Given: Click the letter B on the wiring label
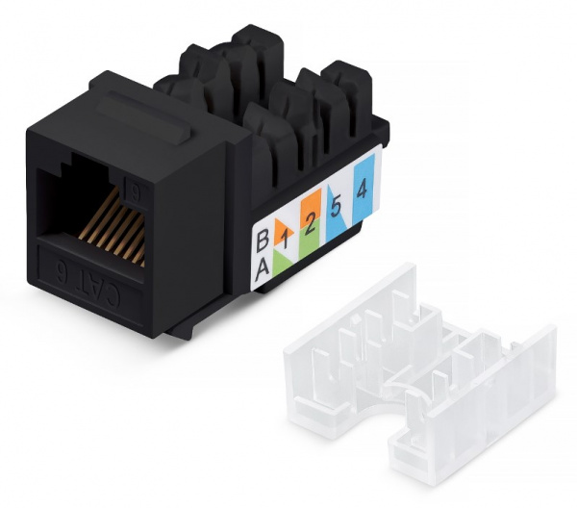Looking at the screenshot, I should tap(262, 234).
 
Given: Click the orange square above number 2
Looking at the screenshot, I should tap(309, 205).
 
